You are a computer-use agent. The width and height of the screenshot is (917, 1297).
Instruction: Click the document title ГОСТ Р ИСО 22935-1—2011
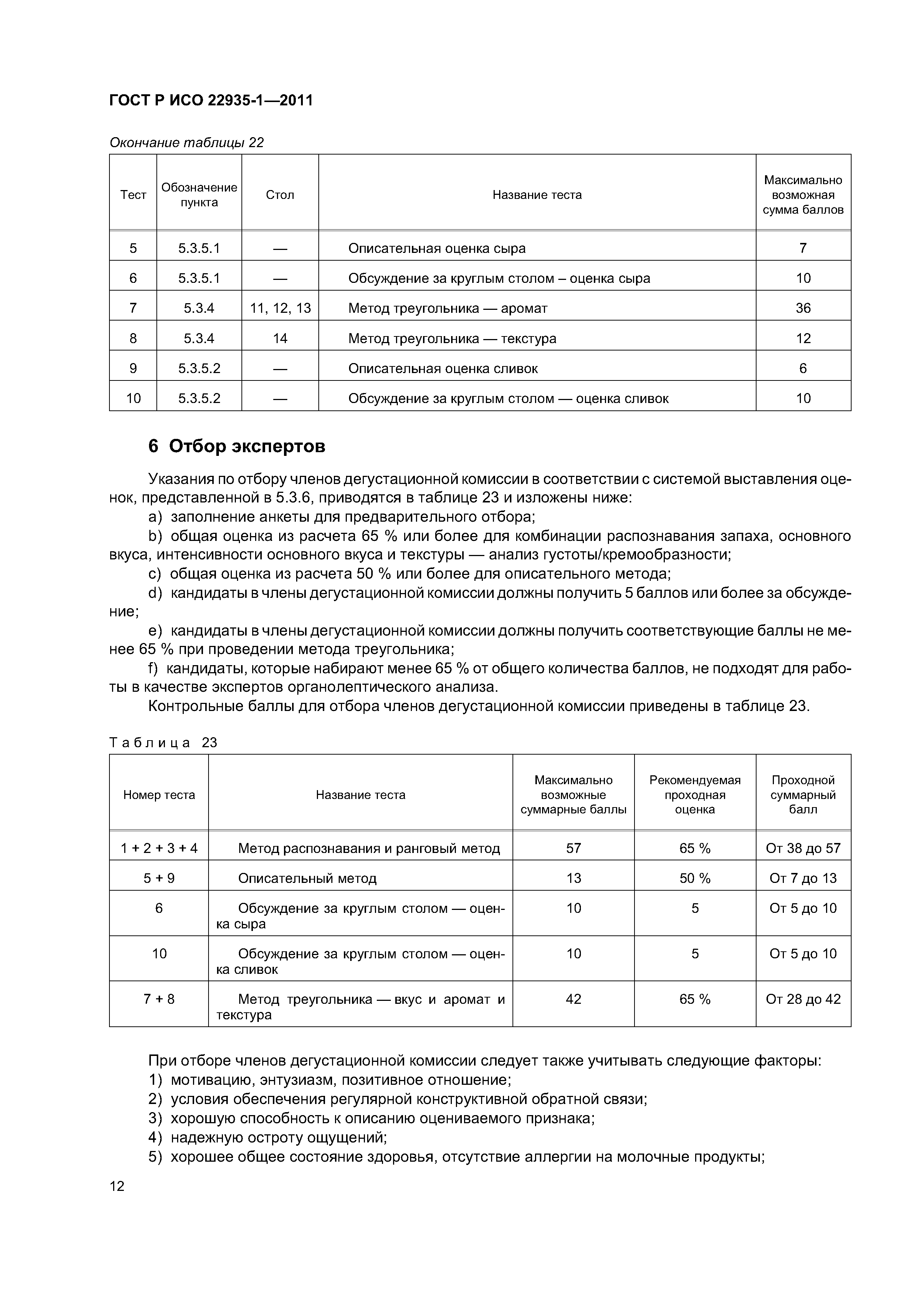(x=211, y=101)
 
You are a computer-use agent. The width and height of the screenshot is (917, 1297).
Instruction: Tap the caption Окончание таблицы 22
(x=186, y=142)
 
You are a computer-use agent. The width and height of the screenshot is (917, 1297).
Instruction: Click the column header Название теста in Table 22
(x=537, y=195)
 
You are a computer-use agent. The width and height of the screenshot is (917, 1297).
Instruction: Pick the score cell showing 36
(x=803, y=308)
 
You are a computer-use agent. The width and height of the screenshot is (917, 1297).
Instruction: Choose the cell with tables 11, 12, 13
(x=280, y=308)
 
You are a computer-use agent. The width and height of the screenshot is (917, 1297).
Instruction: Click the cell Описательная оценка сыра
(x=437, y=248)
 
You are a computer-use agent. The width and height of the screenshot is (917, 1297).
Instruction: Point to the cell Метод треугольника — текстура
(x=452, y=338)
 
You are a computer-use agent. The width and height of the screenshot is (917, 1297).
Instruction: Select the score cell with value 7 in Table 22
(x=803, y=248)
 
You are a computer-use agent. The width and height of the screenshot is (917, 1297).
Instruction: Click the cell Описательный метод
(x=307, y=878)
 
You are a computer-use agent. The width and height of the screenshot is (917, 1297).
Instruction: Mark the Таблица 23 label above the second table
(x=163, y=742)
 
